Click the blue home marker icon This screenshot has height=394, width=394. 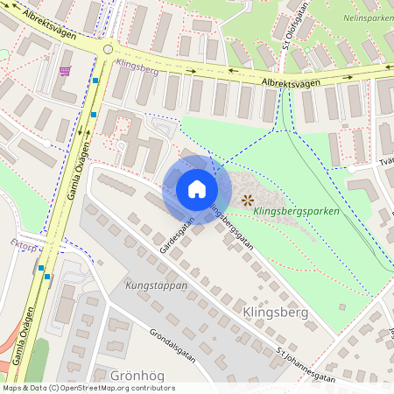197,188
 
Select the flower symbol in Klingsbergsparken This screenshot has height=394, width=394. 247,200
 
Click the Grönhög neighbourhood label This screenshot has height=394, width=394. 137,375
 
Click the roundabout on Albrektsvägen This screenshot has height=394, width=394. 109,49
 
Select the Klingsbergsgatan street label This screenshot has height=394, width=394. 230,226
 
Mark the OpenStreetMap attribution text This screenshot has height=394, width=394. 88,388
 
